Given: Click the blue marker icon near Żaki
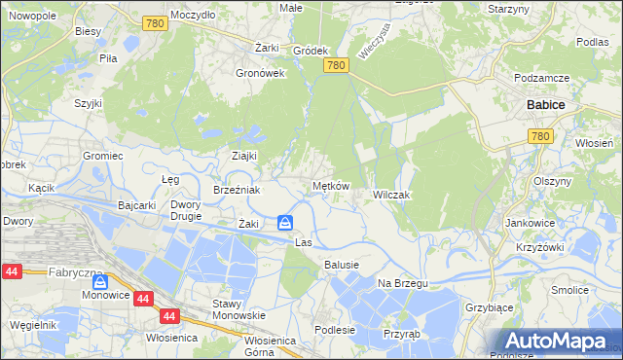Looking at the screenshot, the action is click(285, 223).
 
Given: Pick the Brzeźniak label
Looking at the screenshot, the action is click(237, 191).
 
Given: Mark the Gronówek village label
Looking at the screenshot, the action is click(260, 72).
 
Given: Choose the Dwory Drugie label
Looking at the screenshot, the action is click(185, 211).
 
